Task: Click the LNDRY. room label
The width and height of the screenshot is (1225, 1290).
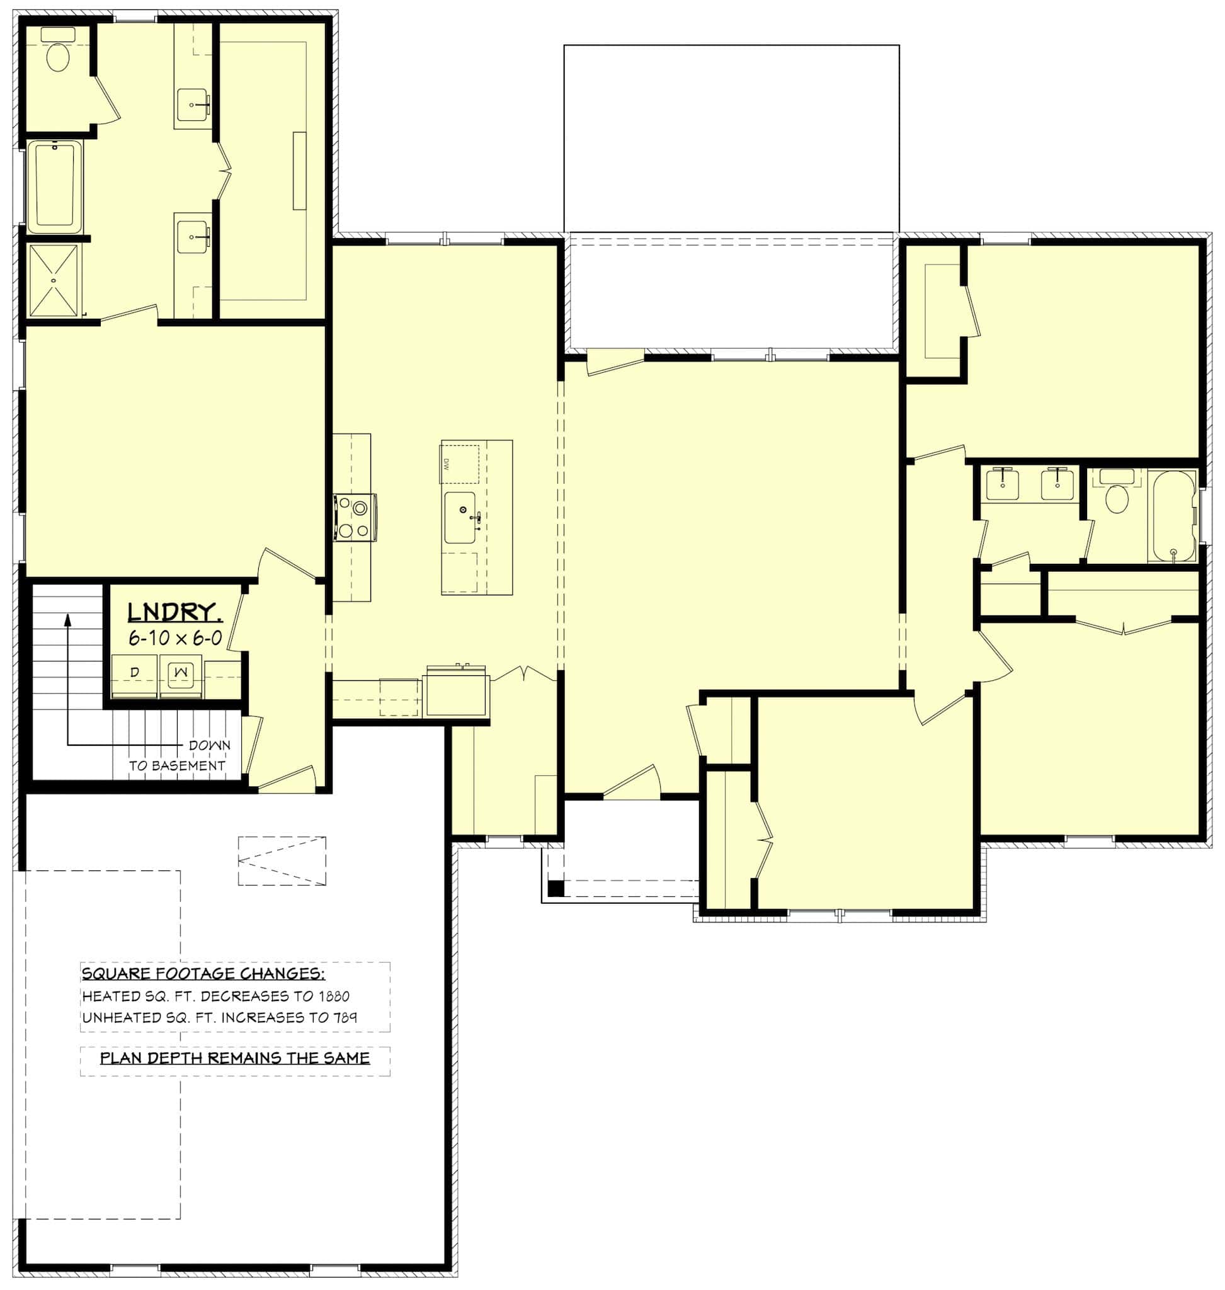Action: coord(174,613)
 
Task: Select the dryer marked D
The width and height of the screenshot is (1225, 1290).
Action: coord(135,675)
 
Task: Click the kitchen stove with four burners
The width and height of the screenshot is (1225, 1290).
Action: coord(355,518)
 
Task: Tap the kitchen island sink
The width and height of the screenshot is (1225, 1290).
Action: coord(460,518)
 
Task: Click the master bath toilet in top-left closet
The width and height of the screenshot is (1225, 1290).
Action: coord(57,55)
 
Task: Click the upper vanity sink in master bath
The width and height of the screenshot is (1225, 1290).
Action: coord(193,105)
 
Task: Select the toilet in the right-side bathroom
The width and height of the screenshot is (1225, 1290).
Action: coord(1117,498)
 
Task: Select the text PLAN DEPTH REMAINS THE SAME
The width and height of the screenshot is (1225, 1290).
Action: coord(235,1058)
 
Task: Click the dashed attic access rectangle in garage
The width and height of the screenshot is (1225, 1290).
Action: coord(282,861)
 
